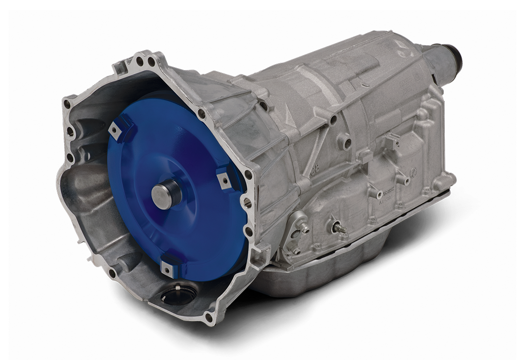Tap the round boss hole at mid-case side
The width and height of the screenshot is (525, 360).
pos(347,143)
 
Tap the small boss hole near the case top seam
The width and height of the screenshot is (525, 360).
pos(332,118)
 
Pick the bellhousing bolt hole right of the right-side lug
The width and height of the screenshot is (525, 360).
pos(248,174)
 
